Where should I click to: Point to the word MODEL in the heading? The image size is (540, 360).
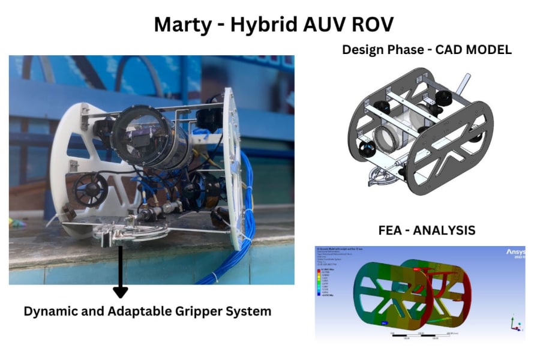click(x=488, y=50)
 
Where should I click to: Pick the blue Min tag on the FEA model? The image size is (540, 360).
click(x=382, y=322)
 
